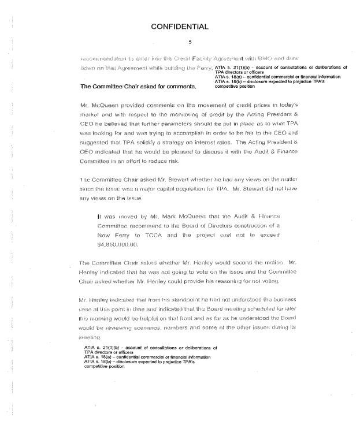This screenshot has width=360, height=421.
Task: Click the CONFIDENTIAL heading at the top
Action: pos(179,26)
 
